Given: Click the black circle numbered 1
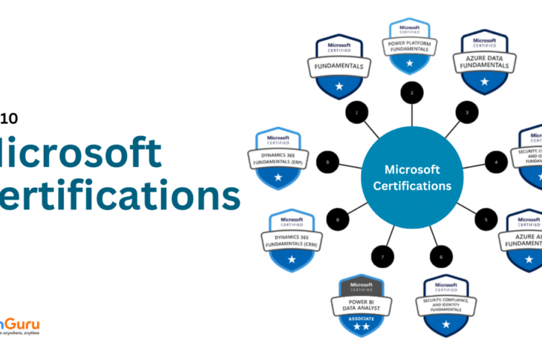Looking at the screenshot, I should click(x=357, y=113).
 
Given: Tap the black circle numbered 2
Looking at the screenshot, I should click(x=411, y=94).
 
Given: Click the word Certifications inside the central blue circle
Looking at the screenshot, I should click(x=413, y=186).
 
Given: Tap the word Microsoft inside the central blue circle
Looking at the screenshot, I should click(x=413, y=168).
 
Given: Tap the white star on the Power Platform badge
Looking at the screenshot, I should click(x=411, y=64).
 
